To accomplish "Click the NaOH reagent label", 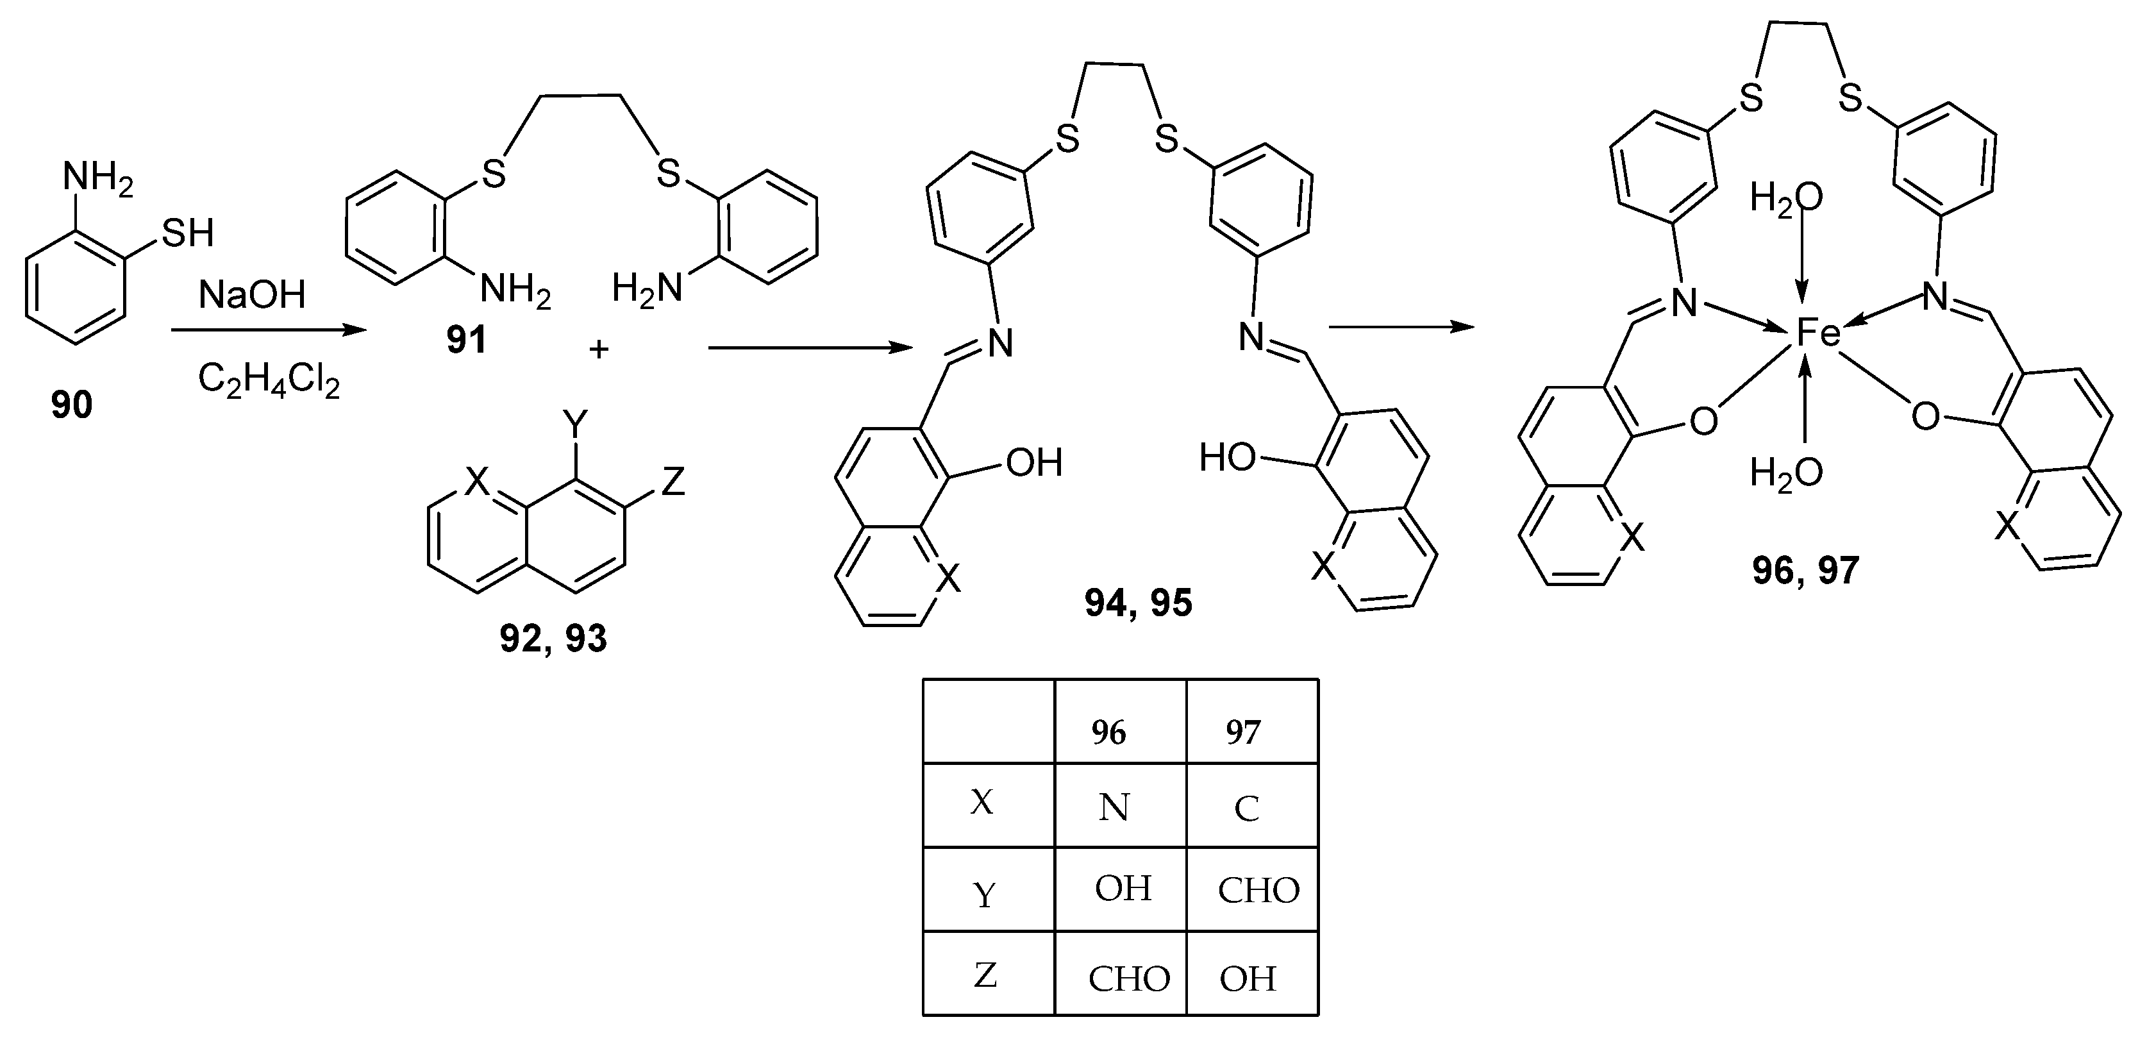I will point(252,295).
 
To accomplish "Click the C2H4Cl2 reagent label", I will point(269,381).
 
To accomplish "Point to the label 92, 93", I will point(553,639).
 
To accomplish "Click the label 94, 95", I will point(1139,603).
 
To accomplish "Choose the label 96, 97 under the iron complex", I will point(1805,571).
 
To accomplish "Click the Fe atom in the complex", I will point(1817,333).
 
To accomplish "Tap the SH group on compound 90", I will point(188,233).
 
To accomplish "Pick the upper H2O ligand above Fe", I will point(1785,199).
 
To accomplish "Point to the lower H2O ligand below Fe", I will point(1785,473).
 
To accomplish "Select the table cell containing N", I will point(1114,807).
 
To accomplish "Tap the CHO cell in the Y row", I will point(1258,891).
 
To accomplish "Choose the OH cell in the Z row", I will point(1248,978).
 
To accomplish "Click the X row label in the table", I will point(983,803).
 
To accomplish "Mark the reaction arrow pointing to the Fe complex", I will point(1400,328).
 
